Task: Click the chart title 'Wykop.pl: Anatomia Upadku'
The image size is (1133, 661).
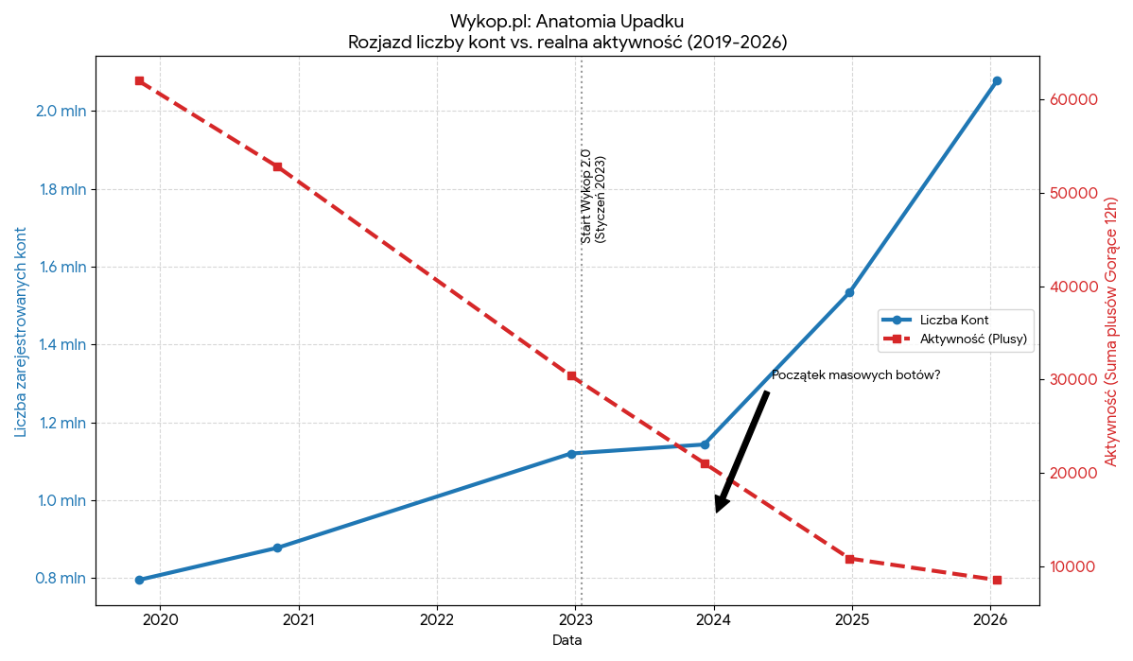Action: (566, 21)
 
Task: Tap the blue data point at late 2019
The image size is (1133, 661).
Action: (139, 580)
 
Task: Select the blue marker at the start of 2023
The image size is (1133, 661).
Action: (571, 454)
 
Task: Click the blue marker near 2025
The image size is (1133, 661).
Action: (849, 292)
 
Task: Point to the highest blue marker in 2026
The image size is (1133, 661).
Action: (997, 81)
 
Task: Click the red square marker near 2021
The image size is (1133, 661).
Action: (277, 166)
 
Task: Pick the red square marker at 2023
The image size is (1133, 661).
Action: (571, 375)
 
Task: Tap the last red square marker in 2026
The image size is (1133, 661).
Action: (997, 580)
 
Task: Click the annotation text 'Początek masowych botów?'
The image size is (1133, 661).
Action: (856, 375)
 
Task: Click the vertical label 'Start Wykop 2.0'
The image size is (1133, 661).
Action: (586, 197)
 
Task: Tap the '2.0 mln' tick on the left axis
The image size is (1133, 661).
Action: (61, 111)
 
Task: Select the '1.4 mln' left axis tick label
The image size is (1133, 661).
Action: (61, 345)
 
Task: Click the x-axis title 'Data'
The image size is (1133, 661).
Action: (566, 640)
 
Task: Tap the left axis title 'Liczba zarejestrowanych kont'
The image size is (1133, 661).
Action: (21, 332)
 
